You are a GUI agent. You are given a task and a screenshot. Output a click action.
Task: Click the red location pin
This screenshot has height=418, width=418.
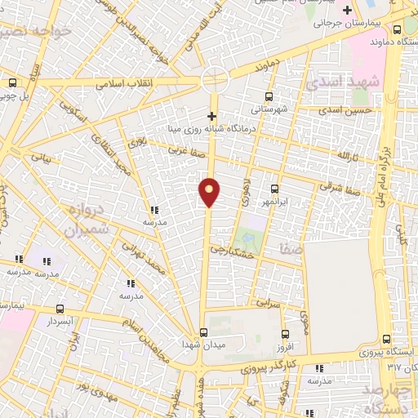[x=210, y=192]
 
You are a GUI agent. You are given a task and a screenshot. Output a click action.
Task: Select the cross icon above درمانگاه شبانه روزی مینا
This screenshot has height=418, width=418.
[x=212, y=116]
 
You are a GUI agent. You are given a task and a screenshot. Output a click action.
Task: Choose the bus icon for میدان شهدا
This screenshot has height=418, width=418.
[x=204, y=331]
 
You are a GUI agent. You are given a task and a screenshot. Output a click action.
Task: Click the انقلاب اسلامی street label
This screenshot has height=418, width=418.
[x=119, y=84]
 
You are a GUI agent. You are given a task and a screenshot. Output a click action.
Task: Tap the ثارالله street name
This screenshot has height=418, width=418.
[x=349, y=154]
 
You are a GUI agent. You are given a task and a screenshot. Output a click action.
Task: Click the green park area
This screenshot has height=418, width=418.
[x=248, y=240]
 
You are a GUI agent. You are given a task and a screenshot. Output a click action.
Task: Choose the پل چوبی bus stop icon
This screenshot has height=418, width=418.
[x=13, y=82]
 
